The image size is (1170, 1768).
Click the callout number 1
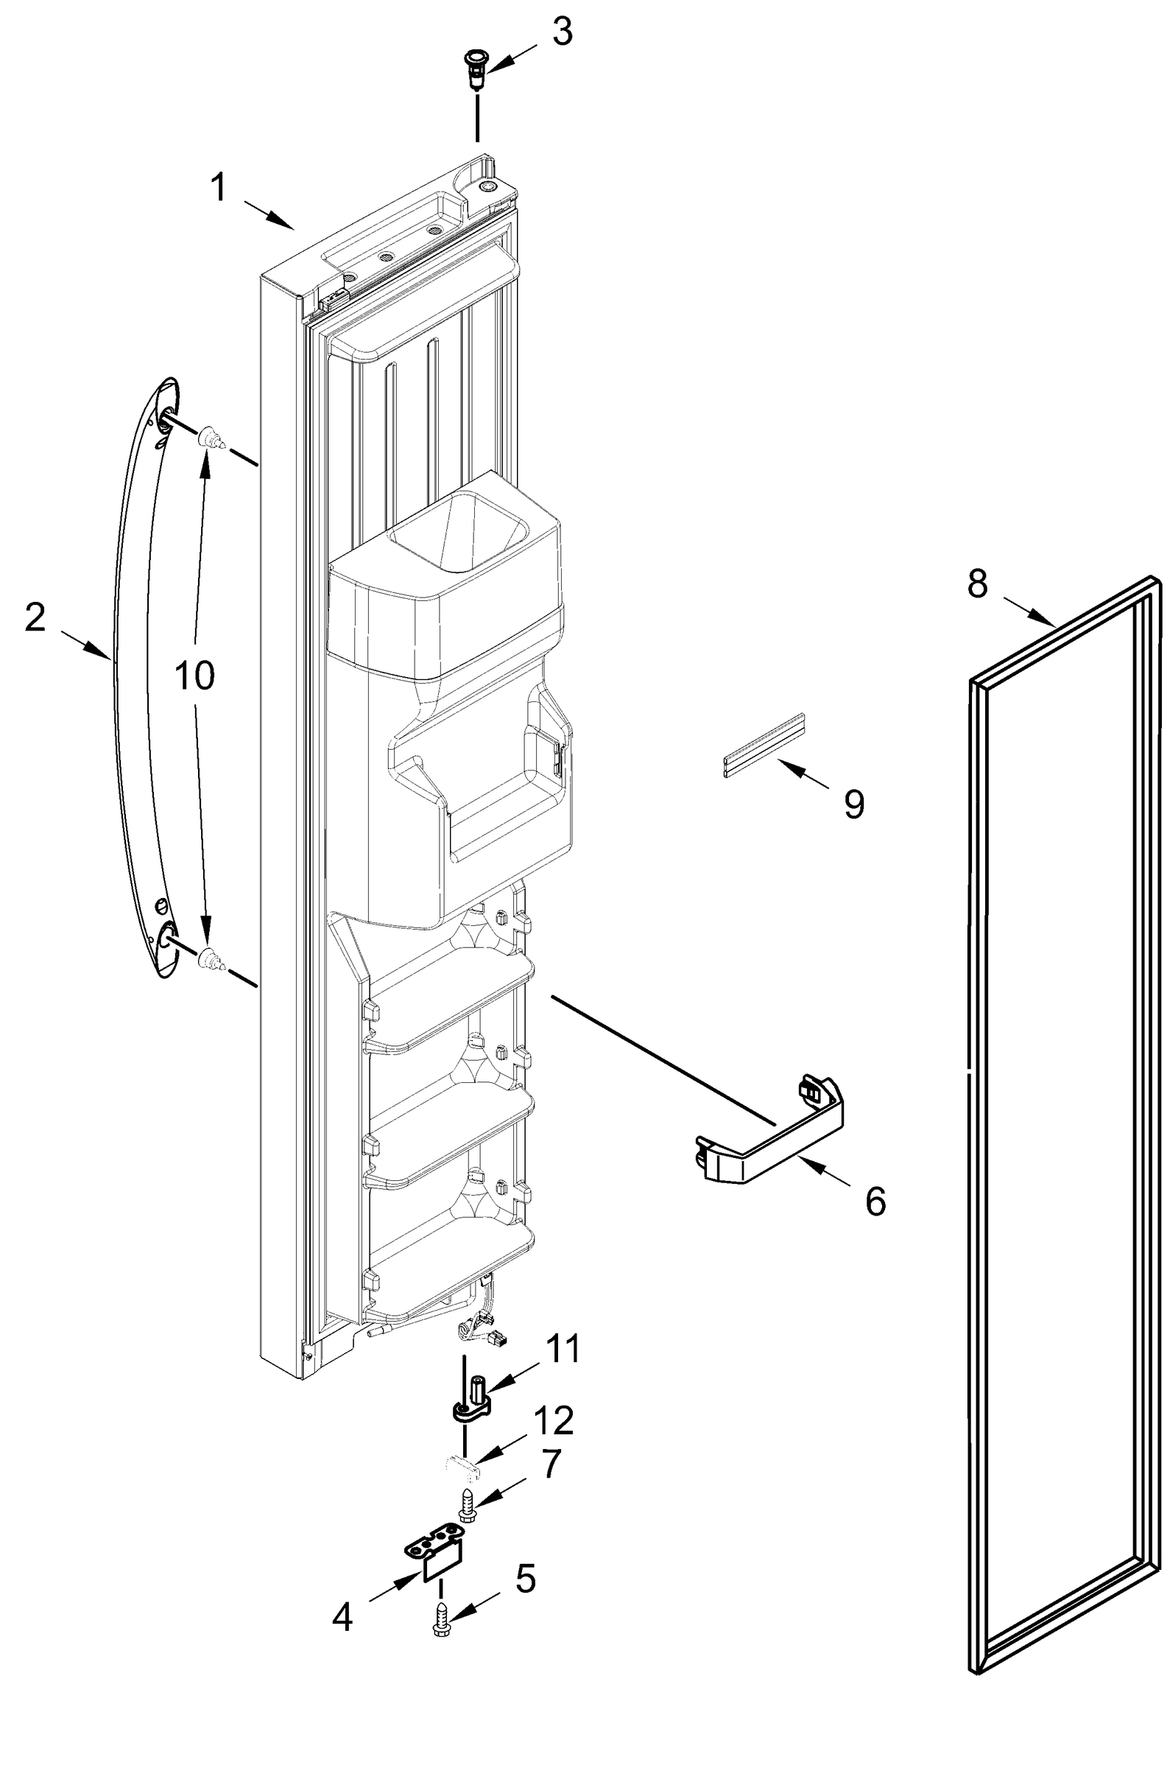[218, 186]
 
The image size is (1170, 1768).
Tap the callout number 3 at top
[561, 33]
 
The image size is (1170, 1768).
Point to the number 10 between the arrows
[194, 676]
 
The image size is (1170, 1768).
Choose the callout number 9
[854, 804]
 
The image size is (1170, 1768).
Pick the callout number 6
[875, 1202]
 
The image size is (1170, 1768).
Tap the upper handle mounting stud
[211, 439]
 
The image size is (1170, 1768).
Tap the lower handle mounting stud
[211, 961]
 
